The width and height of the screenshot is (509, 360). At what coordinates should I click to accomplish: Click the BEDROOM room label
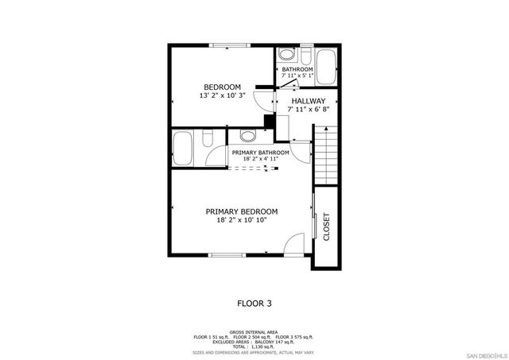(x=222, y=87)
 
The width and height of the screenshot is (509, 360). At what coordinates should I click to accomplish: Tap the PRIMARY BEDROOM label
(x=242, y=211)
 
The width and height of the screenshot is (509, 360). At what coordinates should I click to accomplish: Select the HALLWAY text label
(x=307, y=101)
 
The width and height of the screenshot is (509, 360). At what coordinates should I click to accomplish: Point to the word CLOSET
(x=326, y=226)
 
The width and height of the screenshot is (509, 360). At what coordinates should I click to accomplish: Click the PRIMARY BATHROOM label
(x=260, y=152)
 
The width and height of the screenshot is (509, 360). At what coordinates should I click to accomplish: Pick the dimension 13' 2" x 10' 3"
(x=222, y=95)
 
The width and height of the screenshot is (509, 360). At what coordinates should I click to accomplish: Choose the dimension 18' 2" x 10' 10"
(x=242, y=220)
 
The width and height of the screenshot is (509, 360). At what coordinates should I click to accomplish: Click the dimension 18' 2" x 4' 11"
(x=260, y=159)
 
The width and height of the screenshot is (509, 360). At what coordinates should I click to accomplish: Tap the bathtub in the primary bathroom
(x=183, y=149)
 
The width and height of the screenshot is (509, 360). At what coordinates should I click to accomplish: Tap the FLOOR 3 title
(x=254, y=303)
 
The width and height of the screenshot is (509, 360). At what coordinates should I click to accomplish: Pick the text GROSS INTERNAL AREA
(x=254, y=332)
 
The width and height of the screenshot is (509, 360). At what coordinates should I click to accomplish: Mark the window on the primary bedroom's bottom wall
(x=227, y=255)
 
